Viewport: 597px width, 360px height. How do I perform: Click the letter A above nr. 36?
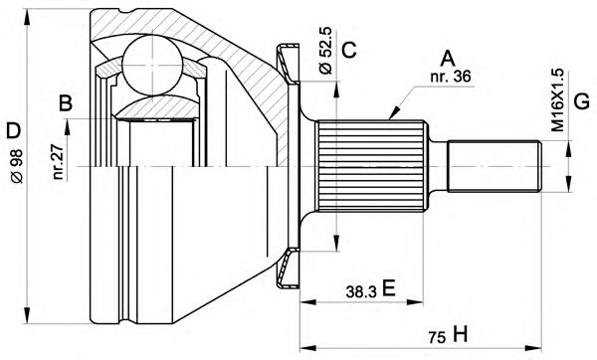pos(448,59)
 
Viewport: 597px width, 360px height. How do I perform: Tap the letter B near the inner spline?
pos(66,102)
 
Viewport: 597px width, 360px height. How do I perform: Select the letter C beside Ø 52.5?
pos(348,50)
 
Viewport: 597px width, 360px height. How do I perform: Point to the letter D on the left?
pos(13,130)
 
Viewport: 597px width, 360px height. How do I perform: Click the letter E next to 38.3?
pos(388,287)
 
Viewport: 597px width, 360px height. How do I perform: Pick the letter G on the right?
pos(581,102)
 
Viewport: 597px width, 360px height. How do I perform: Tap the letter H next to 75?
pos(460,334)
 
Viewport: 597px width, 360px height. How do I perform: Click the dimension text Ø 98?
pos(16,166)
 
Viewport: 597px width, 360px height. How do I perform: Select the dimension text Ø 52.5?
pos(326,51)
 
